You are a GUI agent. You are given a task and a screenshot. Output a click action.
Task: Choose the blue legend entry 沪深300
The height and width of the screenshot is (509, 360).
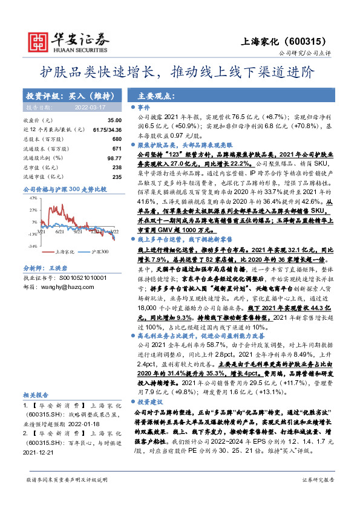pos(97,251)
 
